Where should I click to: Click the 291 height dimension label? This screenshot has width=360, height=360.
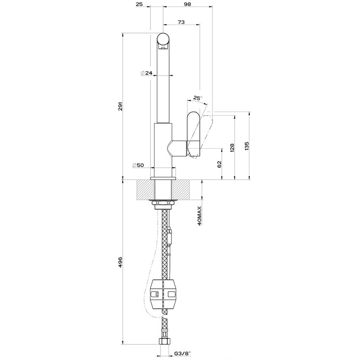(120, 106)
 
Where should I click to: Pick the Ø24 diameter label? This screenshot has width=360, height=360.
(147, 73)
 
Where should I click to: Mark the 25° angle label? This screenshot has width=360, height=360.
(197, 98)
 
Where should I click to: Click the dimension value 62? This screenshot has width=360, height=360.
(219, 164)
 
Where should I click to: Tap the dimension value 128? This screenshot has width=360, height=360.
(232, 147)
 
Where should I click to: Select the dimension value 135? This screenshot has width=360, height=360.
(246, 146)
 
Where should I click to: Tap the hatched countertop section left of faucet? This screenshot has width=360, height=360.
(145, 189)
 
